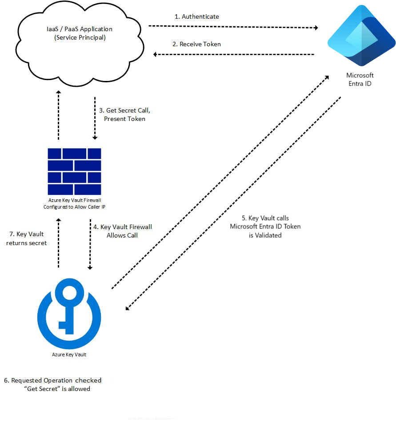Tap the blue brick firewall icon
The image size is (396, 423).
74,172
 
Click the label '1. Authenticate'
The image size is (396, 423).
197,16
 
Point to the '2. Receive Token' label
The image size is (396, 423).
197,44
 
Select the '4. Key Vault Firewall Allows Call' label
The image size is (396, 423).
122,231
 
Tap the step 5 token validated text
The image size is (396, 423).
265,226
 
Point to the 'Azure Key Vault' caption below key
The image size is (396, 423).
69,355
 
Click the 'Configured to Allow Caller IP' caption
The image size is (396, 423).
74,207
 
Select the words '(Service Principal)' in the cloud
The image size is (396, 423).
80,38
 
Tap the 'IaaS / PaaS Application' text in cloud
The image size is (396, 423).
80,29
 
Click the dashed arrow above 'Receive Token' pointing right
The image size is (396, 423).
233,27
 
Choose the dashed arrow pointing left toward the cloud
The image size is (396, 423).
233,54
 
